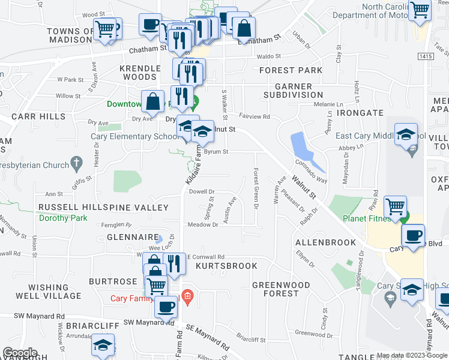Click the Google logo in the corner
(20, 353)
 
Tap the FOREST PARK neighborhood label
(291, 70)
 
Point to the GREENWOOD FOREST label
(281, 289)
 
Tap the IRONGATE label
(360, 112)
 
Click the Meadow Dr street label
(203, 225)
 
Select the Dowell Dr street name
(202, 192)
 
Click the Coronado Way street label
(310, 171)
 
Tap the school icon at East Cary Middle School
(407, 134)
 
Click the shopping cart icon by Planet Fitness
(395, 207)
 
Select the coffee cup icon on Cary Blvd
(413, 235)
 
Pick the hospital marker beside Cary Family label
(188, 296)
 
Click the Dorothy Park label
(63, 219)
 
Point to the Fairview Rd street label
(255, 117)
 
